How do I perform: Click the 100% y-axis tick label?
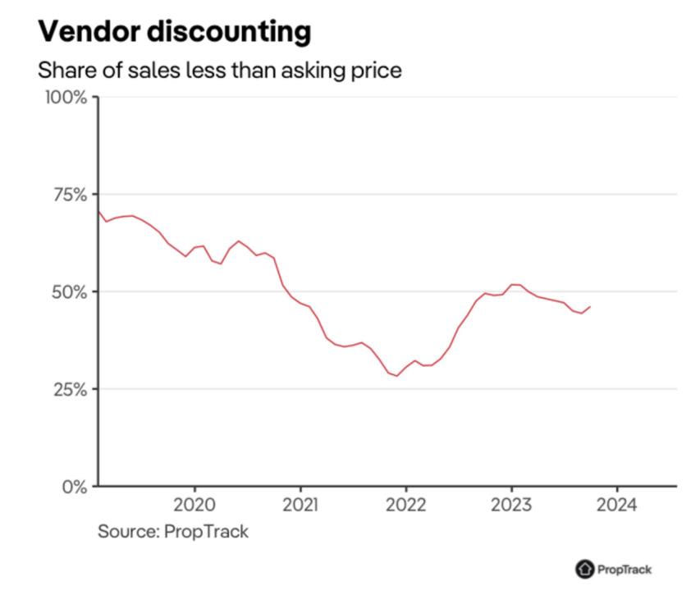coord(64,97)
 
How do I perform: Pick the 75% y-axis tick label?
coord(68,195)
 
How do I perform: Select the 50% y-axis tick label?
coord(68,291)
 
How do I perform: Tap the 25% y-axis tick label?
coord(68,389)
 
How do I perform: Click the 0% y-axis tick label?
coord(74,486)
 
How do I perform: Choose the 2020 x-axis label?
coord(194,504)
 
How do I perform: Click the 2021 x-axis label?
coord(300,504)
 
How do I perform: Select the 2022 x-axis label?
coord(405,504)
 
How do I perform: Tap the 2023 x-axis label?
coord(511,504)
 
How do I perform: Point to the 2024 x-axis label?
coord(616,504)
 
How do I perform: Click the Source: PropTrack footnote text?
coord(172,531)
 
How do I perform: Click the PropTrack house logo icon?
coord(585,569)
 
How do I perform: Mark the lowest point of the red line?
coord(397,376)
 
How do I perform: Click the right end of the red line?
coord(590,306)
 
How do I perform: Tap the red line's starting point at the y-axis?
coord(98,212)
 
